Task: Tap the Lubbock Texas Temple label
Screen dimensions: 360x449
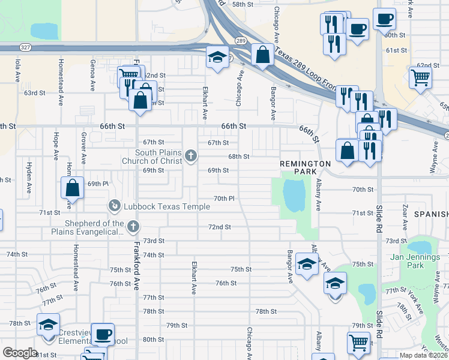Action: click(x=167, y=207)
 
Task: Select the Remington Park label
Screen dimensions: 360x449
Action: click(x=305, y=167)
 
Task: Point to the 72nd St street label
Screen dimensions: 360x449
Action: click(x=219, y=227)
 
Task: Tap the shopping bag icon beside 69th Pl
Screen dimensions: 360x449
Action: click(x=72, y=188)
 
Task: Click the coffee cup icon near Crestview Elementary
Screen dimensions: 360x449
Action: click(x=103, y=334)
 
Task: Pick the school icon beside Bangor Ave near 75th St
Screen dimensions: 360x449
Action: click(x=307, y=264)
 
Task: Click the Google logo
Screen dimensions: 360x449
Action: click(x=20, y=352)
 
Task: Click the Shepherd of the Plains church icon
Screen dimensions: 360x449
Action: click(x=133, y=227)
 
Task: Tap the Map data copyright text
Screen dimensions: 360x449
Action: click(x=423, y=355)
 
